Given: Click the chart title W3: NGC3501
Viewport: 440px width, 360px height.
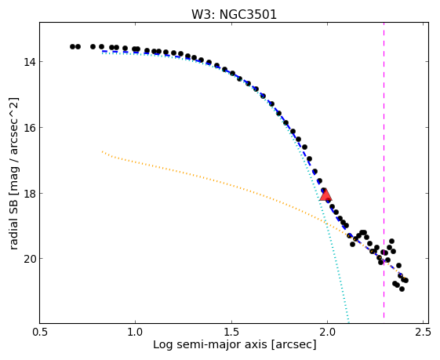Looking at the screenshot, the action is coord(234,14).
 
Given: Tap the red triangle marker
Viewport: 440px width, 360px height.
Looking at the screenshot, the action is coord(325,195).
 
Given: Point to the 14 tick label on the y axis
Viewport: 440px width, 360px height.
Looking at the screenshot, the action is coord(29,61).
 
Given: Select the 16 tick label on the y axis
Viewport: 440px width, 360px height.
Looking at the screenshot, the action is coord(29,127).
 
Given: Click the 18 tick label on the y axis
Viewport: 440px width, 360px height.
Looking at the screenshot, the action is coord(29,193).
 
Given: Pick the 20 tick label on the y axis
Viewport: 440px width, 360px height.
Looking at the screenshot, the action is coord(29,258).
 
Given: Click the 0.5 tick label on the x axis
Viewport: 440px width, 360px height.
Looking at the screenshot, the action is coord(39,333).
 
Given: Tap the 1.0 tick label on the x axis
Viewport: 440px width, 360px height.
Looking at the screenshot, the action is coord(136,333).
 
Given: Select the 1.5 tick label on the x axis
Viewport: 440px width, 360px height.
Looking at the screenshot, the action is coord(231,333).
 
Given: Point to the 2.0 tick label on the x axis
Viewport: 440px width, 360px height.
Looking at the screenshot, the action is coord(328,333).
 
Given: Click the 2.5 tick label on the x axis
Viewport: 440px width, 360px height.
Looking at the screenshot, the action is coord(424,333).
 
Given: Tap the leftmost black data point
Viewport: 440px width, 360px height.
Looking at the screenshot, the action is coord(72,46).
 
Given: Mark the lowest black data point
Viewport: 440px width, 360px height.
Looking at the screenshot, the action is coord(402,289).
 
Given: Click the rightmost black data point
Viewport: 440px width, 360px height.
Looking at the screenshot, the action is coord(405,280).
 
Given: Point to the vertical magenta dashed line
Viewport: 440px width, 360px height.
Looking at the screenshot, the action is coord(384,170).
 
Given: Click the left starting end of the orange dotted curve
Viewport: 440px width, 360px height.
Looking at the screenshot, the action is coord(103,151).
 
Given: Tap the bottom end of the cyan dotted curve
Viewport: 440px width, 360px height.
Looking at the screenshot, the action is coord(348,322).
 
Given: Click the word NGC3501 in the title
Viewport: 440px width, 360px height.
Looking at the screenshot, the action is coord(248,14).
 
